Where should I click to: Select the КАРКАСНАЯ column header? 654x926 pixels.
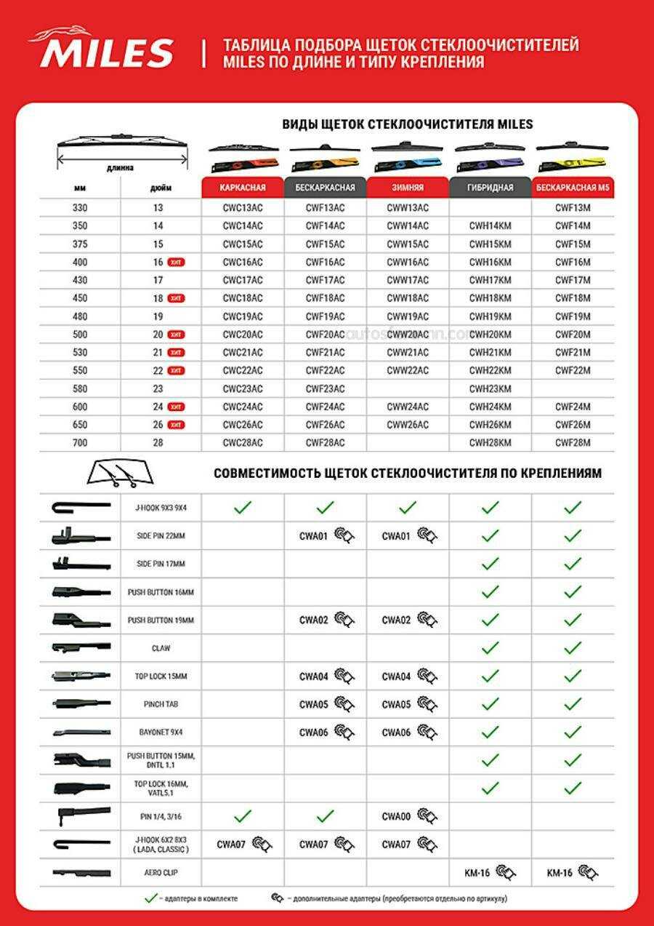[243, 188]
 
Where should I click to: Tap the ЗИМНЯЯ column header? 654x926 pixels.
[408, 188]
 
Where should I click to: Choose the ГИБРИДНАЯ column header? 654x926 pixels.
[490, 188]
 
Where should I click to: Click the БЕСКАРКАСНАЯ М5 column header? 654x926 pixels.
[573, 188]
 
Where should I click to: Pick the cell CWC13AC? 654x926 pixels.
[243, 208]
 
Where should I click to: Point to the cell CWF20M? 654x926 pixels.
[573, 335]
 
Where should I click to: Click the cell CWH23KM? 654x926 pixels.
[490, 388]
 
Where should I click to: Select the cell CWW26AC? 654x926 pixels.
[408, 425]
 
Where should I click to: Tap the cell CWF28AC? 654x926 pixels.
[325, 443]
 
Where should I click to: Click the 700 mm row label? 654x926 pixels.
[80, 443]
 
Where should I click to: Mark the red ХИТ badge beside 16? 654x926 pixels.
[176, 262]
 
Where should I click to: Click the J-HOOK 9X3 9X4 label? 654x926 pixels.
[161, 508]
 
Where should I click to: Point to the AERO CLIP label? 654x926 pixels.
[161, 872]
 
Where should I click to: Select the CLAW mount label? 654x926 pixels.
[161, 647]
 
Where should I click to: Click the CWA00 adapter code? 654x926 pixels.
[396, 817]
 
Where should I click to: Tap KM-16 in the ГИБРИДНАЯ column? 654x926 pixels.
[478, 872]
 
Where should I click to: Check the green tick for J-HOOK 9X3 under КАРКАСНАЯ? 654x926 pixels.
[243, 508]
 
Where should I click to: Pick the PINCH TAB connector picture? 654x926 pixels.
[81, 704]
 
